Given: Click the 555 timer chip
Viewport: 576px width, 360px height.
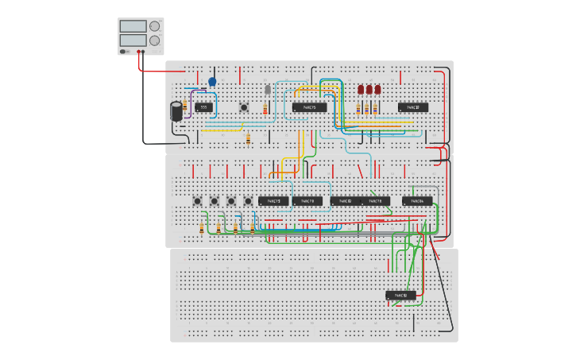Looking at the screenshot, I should click(x=204, y=107).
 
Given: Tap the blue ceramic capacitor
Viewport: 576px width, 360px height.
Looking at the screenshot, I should click(x=212, y=81).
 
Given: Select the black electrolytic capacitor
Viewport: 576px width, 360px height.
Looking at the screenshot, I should click(x=176, y=110).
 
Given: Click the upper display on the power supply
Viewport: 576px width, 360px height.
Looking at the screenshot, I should click(x=133, y=26).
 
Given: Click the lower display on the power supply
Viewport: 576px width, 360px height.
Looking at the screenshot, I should click(x=133, y=40).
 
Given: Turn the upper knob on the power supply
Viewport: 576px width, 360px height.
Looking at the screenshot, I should click(x=154, y=26).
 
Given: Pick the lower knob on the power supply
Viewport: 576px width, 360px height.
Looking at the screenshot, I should click(x=154, y=41).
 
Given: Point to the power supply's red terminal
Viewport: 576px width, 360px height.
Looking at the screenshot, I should click(x=138, y=52).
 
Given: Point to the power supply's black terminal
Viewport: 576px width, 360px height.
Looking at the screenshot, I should click(x=143, y=52).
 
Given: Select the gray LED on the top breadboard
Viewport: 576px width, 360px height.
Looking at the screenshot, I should click(x=268, y=89).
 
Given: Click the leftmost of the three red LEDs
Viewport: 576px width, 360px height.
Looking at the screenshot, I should click(x=361, y=90).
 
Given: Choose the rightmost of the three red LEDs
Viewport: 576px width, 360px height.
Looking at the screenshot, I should click(x=377, y=90).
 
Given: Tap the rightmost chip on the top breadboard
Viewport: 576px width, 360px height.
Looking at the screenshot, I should click(x=413, y=107).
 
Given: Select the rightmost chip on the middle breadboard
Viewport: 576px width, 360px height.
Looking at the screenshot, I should click(x=417, y=201).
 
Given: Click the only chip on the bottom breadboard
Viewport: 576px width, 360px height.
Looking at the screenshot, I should click(x=401, y=296).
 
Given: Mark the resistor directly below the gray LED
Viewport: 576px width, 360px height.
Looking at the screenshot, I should click(x=265, y=108).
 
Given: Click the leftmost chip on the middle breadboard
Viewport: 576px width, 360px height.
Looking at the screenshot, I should click(x=273, y=201).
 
